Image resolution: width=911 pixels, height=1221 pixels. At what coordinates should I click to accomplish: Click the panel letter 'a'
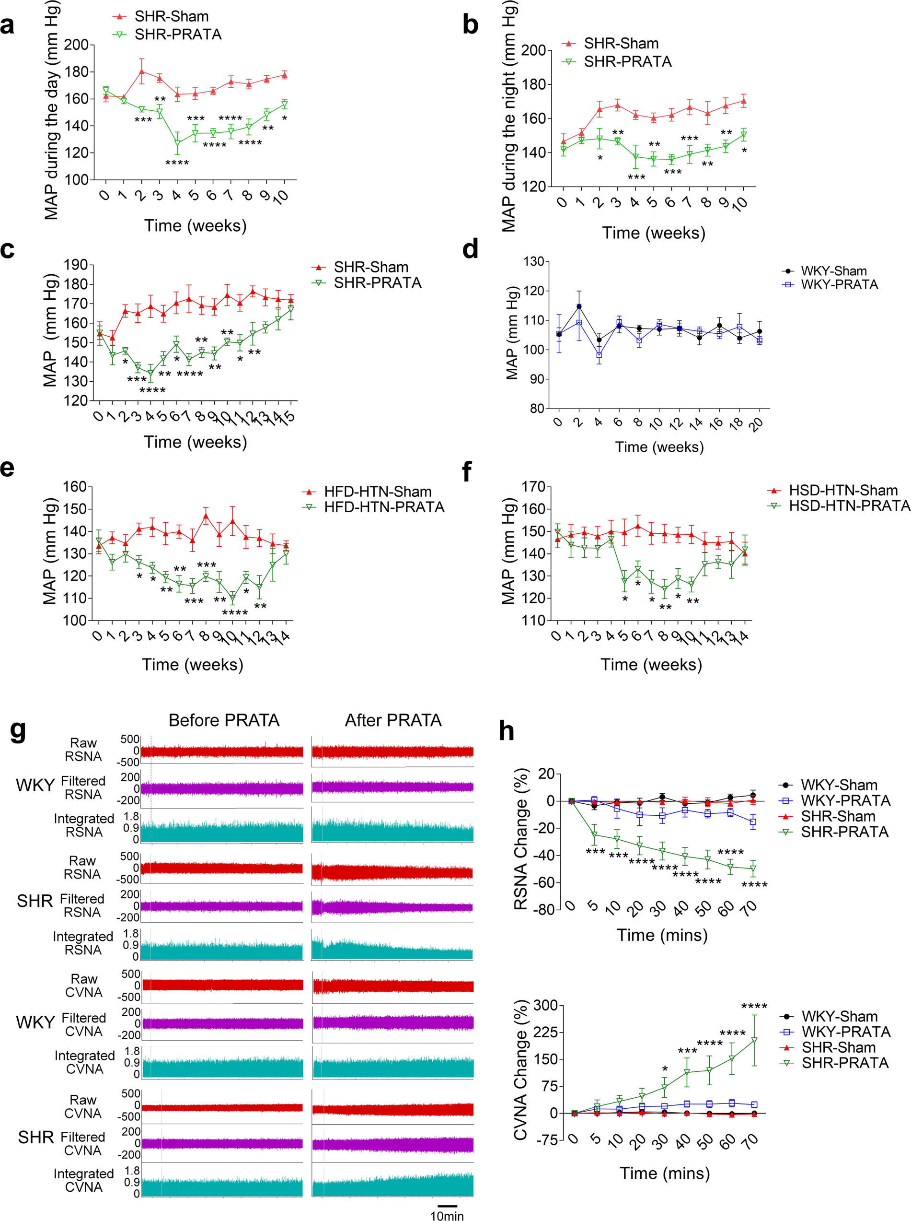(x=7, y=25)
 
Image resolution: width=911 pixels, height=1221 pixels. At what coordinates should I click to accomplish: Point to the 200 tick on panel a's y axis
(x=76, y=45)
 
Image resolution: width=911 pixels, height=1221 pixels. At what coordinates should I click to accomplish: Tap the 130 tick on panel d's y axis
(x=533, y=261)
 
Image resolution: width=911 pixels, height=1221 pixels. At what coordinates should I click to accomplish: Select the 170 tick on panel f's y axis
(x=533, y=487)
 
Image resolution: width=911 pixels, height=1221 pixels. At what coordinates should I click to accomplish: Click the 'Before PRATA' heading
(x=224, y=720)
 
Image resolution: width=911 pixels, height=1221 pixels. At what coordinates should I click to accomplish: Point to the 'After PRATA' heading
(x=393, y=720)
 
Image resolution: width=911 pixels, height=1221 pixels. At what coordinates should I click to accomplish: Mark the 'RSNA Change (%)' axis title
(x=520, y=839)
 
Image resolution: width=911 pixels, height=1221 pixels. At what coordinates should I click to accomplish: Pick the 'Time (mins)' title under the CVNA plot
(x=665, y=1173)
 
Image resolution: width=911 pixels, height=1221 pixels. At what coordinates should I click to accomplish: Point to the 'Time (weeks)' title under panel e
(x=193, y=664)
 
